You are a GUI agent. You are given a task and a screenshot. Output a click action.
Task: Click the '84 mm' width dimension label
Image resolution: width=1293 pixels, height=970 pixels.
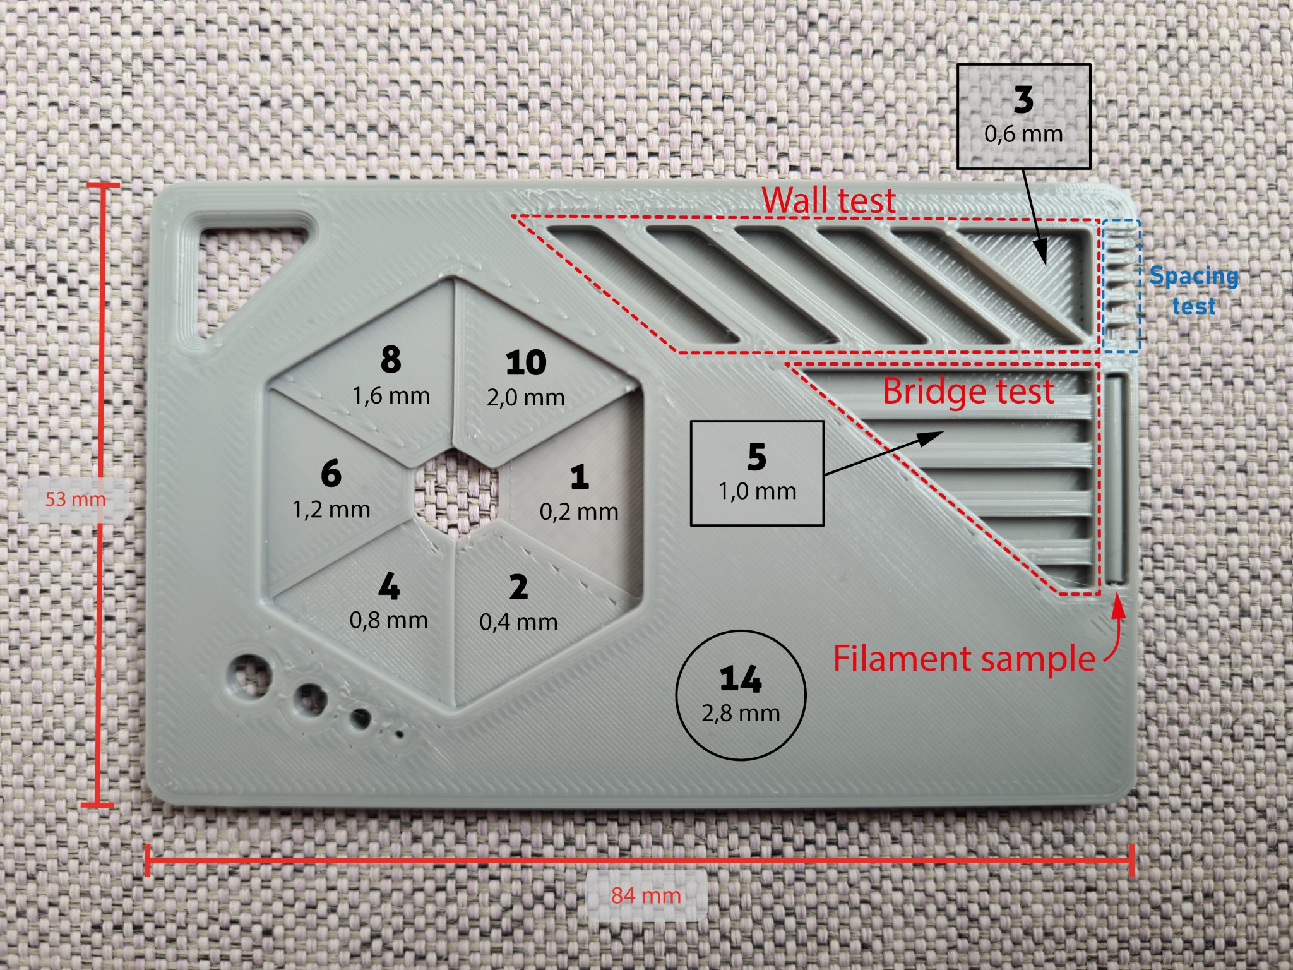point(646,895)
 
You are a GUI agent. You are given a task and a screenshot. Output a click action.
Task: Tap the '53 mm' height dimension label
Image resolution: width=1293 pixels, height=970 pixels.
point(75,500)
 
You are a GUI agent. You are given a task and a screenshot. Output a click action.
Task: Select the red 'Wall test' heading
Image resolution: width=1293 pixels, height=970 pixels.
point(828,200)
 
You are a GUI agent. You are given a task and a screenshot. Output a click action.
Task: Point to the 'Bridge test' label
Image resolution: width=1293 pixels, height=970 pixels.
point(968,391)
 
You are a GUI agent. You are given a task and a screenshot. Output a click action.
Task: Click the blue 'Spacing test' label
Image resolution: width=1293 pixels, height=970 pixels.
point(1193,290)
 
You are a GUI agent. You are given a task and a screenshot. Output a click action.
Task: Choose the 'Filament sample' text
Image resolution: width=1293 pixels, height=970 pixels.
point(963,659)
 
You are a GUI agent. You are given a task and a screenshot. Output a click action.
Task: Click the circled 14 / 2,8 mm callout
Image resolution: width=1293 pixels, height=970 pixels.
point(741,695)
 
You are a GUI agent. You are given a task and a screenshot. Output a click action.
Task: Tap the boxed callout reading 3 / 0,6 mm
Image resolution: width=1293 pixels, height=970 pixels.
point(1023,116)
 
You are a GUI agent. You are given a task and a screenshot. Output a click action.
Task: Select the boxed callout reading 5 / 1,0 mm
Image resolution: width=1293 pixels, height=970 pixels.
point(757,473)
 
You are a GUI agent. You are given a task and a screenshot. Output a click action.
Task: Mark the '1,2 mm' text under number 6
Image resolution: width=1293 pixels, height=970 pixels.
point(331,509)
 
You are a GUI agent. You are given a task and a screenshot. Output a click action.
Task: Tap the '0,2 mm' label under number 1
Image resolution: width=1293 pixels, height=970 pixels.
point(579,512)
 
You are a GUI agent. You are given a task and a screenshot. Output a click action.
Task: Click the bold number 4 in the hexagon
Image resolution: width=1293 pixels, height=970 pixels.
point(389,587)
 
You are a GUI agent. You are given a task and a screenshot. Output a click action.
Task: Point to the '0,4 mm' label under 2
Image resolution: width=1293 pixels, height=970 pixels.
point(518,622)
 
